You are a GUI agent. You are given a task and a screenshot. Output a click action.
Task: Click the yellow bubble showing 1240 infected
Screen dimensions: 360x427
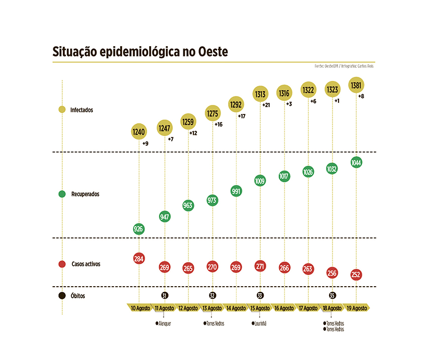click(139, 132)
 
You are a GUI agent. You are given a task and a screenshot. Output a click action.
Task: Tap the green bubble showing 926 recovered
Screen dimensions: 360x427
click(139, 229)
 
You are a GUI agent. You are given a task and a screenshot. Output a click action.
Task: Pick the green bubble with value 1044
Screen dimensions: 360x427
click(356, 163)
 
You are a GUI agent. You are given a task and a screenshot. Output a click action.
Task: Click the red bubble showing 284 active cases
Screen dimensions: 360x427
click(139, 259)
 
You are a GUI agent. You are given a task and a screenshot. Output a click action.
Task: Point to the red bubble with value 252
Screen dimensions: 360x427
click(356, 275)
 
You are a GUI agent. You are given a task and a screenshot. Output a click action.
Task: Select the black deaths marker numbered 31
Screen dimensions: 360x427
click(164, 295)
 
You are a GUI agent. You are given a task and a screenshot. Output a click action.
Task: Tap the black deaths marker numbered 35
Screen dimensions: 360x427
click(332, 295)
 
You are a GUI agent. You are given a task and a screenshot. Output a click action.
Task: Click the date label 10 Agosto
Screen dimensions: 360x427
click(140, 308)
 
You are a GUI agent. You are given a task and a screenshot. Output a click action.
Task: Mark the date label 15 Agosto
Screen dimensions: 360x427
click(260, 308)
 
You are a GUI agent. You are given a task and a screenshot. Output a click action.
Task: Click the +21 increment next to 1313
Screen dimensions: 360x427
click(266, 105)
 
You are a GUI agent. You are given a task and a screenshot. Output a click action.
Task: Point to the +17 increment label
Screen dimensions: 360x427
click(242, 116)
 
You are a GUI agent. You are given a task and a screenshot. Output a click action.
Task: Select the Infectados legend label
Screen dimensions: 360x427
click(81, 109)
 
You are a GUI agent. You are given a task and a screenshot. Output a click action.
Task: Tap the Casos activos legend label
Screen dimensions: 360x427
click(86, 264)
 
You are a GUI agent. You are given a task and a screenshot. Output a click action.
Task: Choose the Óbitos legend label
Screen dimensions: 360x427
click(77, 296)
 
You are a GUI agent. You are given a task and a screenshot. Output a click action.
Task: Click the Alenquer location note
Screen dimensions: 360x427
click(164, 324)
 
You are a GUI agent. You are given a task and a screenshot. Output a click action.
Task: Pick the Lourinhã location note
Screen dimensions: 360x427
click(260, 324)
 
